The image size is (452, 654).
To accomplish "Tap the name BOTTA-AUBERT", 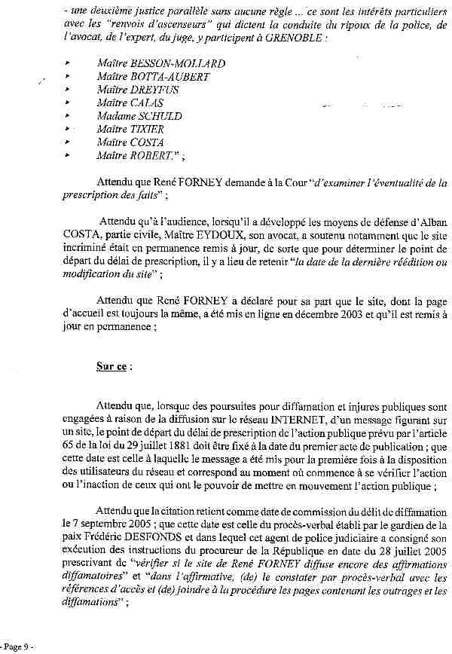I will pos(169,77).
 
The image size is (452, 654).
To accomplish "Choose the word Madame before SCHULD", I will pos(115,116).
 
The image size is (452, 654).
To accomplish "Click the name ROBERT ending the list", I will pos(154,155).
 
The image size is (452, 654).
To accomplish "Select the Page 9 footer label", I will pos(17,646).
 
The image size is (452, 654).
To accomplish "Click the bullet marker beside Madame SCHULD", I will pos(68,116).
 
